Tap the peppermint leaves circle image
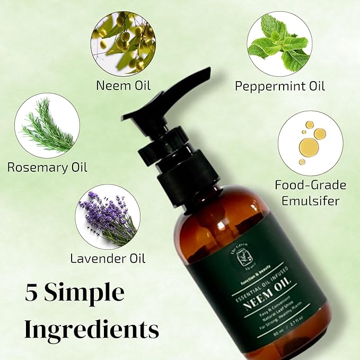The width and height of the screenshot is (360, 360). point(279,44)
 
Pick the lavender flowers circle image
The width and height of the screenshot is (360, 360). point(108,216)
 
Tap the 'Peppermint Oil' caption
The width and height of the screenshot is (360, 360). point(280,86)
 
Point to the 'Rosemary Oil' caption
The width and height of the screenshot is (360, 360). point(47,168)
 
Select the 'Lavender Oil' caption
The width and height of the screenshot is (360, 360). point(108,259)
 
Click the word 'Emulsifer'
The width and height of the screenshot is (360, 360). point(310,200)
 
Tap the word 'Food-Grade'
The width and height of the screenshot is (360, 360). point(310,185)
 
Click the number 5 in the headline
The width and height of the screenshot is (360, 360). point(31,293)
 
